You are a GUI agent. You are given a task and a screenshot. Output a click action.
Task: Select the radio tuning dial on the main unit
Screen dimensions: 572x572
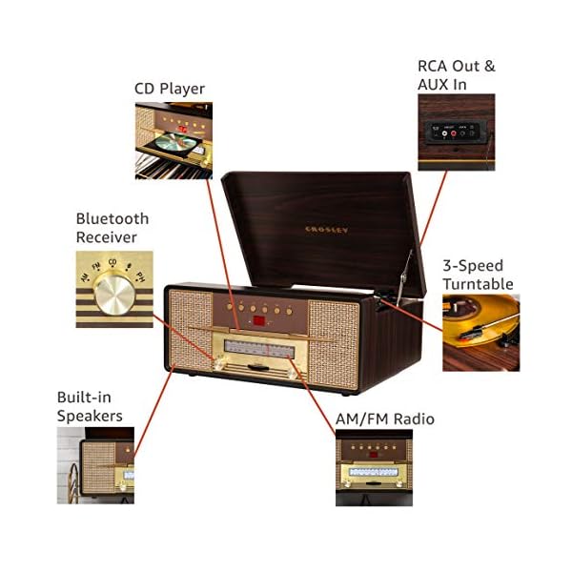[x=258, y=348]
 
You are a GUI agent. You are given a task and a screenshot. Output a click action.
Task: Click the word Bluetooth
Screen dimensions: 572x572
[x=112, y=219]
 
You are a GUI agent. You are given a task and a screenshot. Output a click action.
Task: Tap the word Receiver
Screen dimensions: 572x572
[x=107, y=236]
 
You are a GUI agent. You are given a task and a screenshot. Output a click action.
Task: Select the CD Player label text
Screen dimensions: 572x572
[x=169, y=90]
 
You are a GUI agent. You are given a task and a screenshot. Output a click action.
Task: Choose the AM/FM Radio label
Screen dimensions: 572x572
[x=384, y=419]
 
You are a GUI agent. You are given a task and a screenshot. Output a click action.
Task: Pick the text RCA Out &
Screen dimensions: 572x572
[x=456, y=67]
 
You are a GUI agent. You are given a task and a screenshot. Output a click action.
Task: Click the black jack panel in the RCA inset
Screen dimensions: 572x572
[x=453, y=133]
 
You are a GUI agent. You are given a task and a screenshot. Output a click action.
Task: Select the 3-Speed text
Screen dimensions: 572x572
[x=472, y=266]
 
